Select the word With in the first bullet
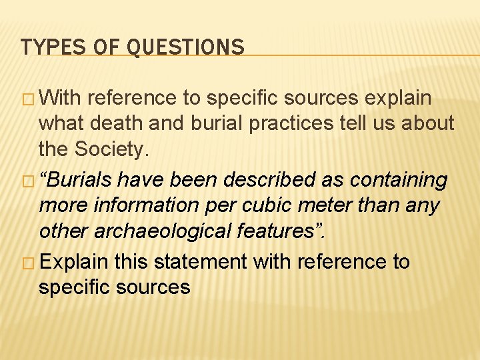[x=61, y=99]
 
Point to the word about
[x=425, y=123]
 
